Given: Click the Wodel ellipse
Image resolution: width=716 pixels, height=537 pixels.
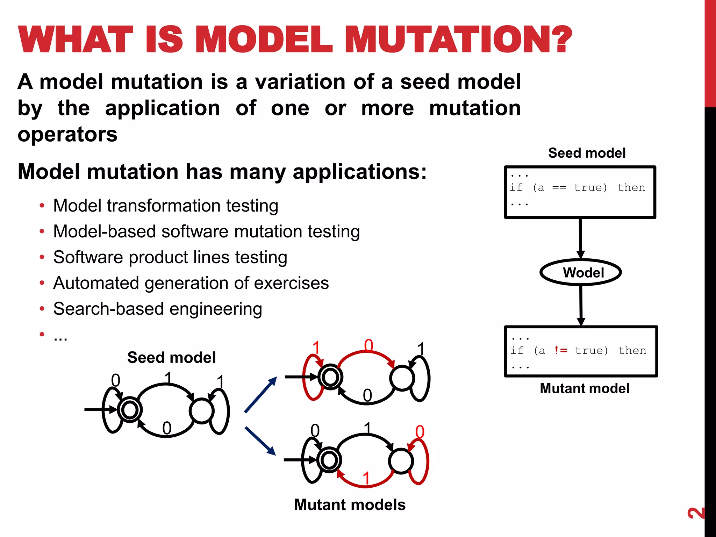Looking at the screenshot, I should (581, 272).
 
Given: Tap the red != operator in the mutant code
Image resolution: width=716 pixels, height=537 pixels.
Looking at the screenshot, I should (561, 350).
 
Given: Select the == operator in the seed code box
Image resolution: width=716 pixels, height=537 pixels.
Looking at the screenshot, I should (559, 188).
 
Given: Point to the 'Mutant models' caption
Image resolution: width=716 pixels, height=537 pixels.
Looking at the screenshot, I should (350, 504).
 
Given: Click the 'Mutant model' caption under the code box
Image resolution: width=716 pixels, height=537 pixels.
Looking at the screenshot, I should (584, 388).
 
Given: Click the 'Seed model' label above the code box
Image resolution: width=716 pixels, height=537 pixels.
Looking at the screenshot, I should (587, 153).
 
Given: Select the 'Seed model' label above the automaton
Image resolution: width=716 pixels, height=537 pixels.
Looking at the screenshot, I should (171, 357).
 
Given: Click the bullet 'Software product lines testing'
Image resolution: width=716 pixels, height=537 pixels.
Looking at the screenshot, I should (170, 257).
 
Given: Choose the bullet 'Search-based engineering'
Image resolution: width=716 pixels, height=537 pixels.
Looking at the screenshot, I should (158, 309).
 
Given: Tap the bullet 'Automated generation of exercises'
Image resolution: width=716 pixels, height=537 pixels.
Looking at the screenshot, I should (191, 283).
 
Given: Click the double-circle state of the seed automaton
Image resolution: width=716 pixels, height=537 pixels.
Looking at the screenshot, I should (130, 409).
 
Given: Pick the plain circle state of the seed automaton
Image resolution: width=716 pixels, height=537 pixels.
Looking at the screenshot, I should (202, 410).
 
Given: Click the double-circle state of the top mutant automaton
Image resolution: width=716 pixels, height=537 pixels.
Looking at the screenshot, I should (330, 377).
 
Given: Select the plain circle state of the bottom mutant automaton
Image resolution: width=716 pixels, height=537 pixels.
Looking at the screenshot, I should (401, 461).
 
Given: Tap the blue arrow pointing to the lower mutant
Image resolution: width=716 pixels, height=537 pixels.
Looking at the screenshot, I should (260, 441).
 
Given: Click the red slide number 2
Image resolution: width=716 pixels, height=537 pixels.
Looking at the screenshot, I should (696, 513).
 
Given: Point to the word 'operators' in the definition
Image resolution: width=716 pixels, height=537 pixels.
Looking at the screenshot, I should (67, 134).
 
